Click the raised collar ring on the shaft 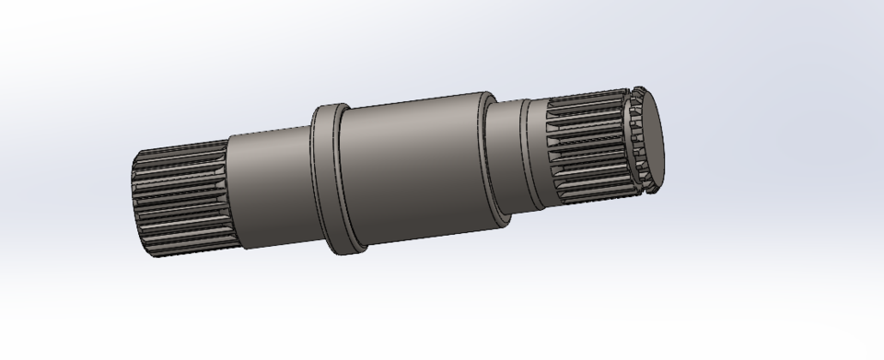(x=326, y=180)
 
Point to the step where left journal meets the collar (x=310, y=183)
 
